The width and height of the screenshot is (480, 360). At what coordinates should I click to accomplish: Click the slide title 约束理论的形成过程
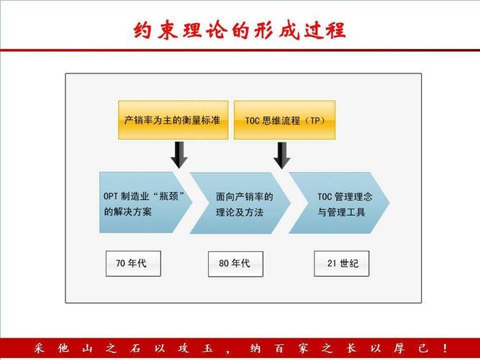[240, 30]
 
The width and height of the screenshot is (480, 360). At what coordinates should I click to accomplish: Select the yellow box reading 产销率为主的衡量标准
[173, 120]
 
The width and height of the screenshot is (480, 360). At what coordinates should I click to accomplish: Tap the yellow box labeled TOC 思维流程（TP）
[285, 120]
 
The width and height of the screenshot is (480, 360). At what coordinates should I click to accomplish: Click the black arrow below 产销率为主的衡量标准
[179, 155]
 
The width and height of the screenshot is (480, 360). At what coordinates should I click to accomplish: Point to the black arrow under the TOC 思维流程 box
[282, 155]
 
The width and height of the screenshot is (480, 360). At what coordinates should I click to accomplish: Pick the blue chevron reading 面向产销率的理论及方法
[240, 203]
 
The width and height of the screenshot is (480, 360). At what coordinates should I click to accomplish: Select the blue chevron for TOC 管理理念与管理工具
[339, 203]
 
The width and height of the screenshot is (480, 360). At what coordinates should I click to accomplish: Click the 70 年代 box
[133, 264]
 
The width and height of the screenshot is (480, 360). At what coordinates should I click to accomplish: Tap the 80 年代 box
[235, 264]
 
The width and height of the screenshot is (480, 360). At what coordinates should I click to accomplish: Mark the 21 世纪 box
[342, 264]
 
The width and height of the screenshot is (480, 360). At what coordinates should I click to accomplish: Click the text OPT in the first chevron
[110, 196]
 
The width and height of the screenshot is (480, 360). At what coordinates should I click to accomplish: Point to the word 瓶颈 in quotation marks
[168, 196]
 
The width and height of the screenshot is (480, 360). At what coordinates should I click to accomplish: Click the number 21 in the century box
[332, 264]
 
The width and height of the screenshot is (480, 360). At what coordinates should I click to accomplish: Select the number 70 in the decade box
[120, 264]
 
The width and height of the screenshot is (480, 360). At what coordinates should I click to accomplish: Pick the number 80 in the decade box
[224, 264]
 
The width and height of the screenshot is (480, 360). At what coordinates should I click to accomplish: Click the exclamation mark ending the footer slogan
[445, 348]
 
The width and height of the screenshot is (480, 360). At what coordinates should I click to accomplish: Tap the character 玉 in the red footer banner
[207, 348]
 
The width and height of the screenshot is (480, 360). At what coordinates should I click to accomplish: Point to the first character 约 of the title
[142, 30]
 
